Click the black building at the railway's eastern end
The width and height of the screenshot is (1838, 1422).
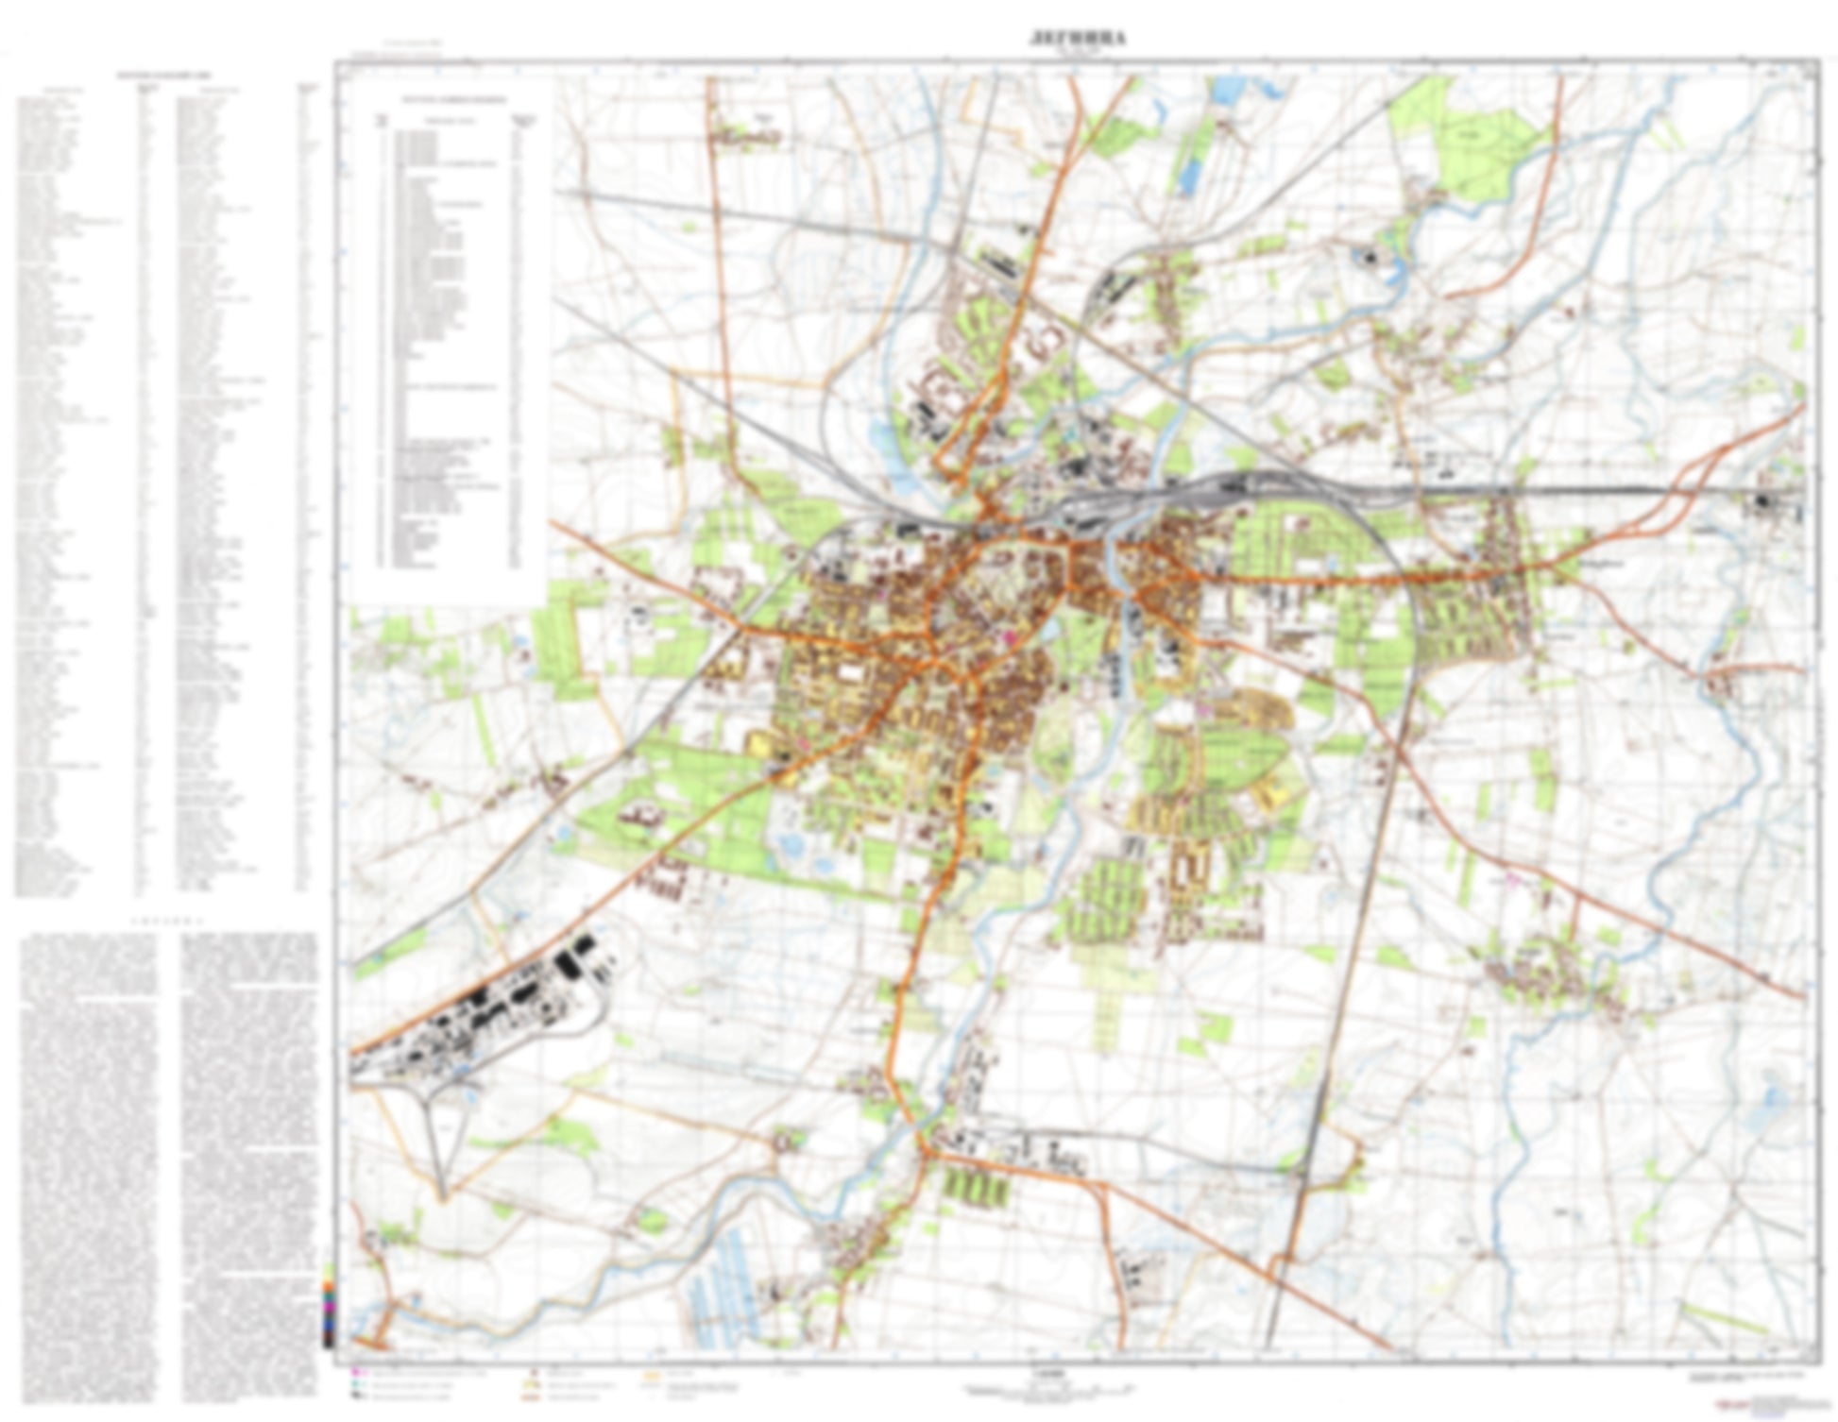click(x=1762, y=501)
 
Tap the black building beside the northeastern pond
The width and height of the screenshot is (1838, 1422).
click(x=1369, y=255)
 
